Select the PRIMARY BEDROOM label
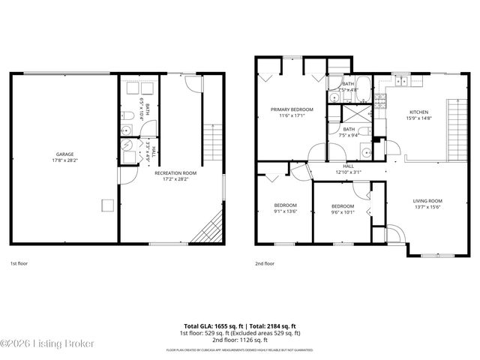tap(292, 109)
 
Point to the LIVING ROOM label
tap(427, 201)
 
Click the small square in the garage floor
tap(108, 205)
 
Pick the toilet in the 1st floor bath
tap(127, 116)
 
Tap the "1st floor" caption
tap(18, 263)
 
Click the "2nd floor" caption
tap(264, 263)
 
